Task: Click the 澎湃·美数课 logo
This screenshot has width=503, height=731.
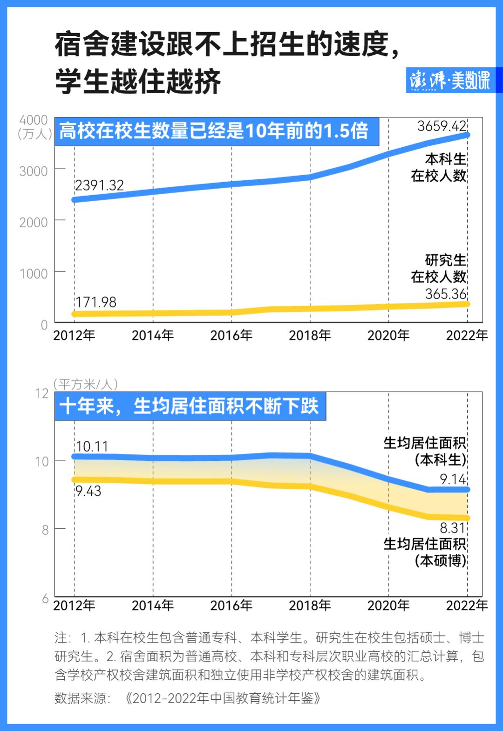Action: click(449, 81)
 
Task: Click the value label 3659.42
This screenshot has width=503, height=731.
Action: click(442, 126)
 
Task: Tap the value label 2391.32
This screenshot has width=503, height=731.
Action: click(99, 185)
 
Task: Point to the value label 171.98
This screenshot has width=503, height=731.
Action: click(95, 302)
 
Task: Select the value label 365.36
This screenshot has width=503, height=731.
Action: click(446, 294)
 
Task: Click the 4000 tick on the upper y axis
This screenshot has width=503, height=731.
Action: click(34, 120)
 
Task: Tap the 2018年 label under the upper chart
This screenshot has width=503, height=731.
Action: click(310, 335)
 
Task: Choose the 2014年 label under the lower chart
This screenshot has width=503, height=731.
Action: click(153, 605)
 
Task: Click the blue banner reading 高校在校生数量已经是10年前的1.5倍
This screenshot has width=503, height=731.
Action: click(214, 131)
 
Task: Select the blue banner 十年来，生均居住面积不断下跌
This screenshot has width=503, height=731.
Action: click(190, 406)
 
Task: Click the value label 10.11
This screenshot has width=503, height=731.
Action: click(91, 446)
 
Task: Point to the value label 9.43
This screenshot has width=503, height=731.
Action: click(88, 491)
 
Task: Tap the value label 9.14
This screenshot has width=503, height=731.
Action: click(453, 478)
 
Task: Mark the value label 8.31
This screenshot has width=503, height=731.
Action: click(453, 528)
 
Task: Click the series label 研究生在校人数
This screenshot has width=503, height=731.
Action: click(438, 268)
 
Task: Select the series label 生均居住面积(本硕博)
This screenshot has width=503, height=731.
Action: click(425, 552)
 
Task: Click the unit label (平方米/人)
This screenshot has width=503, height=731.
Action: click(86, 384)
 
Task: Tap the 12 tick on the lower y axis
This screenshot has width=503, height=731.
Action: click(42, 393)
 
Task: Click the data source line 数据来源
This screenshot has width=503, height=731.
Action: click(188, 698)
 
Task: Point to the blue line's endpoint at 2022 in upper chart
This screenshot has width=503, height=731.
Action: click(467, 135)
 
